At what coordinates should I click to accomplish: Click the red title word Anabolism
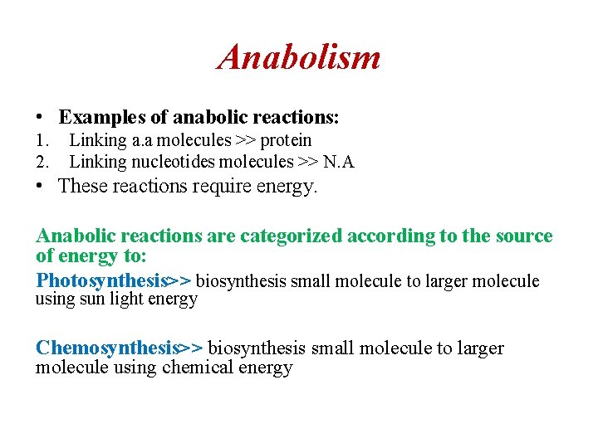(299, 57)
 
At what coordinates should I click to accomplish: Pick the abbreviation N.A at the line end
(336, 161)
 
